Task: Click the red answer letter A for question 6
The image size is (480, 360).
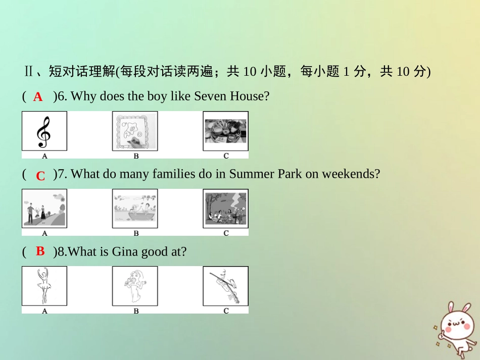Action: (38, 97)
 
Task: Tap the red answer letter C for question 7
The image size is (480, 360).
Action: (40, 176)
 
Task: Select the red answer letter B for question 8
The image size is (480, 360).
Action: (40, 251)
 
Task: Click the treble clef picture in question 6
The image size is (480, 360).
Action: (44, 131)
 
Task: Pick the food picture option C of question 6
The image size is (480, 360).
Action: (225, 131)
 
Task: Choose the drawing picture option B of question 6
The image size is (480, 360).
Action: (135, 131)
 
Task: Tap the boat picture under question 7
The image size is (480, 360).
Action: (135, 209)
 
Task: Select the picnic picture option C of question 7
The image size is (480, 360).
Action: (225, 209)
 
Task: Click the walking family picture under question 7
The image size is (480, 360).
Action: (44, 209)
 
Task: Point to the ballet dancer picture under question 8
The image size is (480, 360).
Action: (44, 286)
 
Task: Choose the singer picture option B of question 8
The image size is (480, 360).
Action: (135, 286)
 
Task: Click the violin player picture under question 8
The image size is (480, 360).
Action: (225, 286)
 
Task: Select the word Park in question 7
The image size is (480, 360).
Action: (290, 174)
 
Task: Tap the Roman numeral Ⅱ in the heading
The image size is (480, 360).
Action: (29, 71)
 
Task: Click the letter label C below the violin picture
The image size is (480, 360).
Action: (226, 311)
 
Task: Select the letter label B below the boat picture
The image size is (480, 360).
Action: (136, 233)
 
